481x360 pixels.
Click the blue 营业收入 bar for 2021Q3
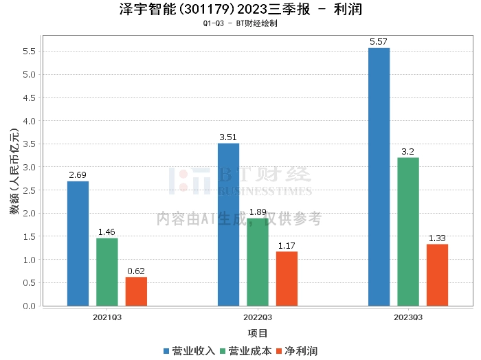(x=78, y=243)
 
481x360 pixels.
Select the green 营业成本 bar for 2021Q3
(x=107, y=271)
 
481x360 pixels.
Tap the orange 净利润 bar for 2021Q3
(x=136, y=291)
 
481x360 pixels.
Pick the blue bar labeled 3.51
(x=228, y=224)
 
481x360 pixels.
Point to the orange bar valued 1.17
(x=287, y=278)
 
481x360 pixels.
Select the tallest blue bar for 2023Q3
(x=379, y=177)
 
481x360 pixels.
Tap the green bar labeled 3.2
(x=408, y=232)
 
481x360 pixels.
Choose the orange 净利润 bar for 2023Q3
(x=437, y=275)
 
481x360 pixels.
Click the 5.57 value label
(x=379, y=42)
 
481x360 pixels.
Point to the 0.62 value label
(x=136, y=271)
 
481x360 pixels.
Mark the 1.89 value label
(x=258, y=212)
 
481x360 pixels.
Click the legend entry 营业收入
(x=190, y=350)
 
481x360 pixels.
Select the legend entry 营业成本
(x=245, y=350)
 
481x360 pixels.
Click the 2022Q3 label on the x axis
(x=258, y=317)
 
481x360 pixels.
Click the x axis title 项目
(x=258, y=333)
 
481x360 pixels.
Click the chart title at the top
(x=240, y=10)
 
